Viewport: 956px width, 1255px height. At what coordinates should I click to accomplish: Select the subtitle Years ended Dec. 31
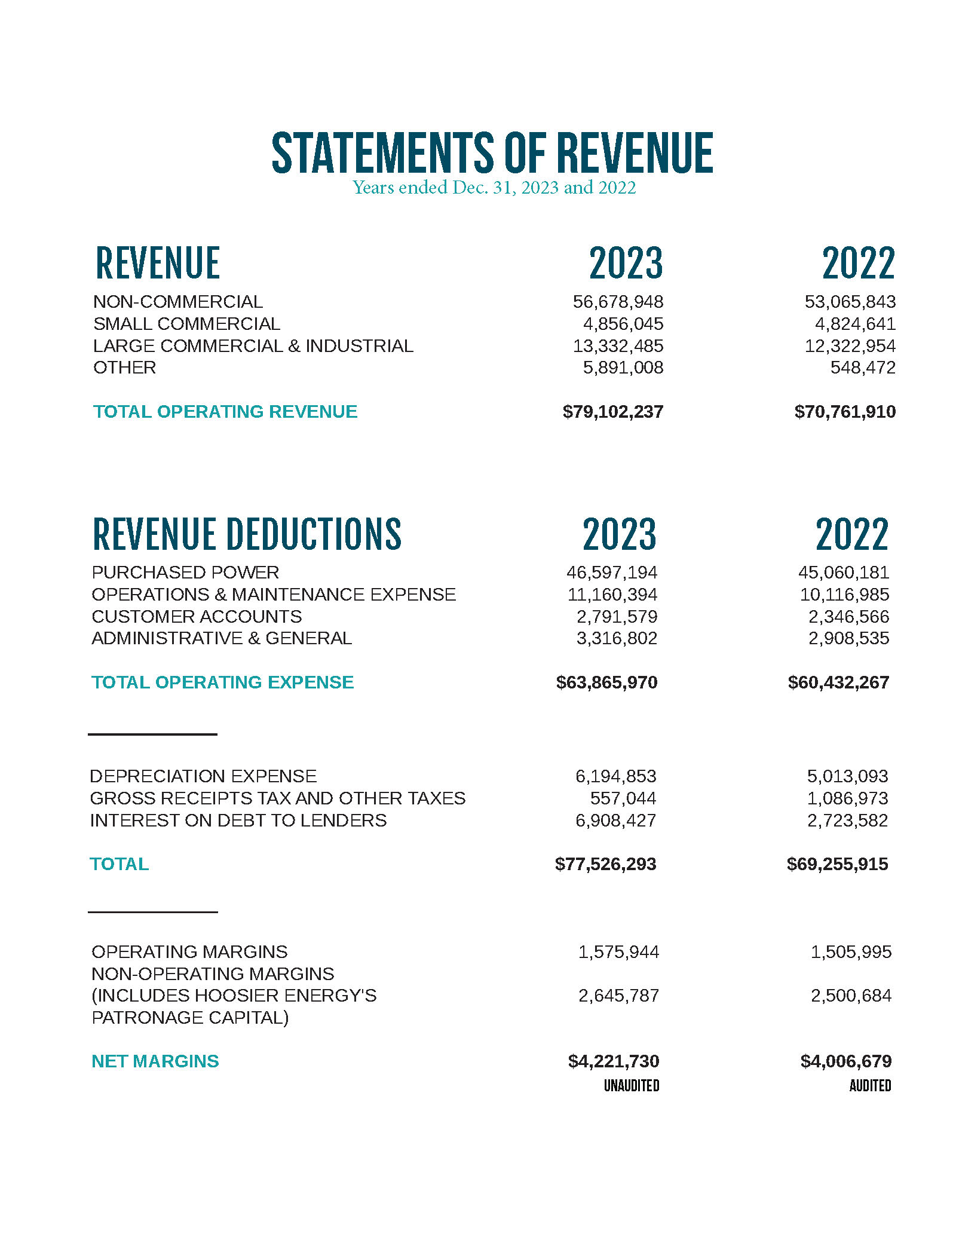(494, 188)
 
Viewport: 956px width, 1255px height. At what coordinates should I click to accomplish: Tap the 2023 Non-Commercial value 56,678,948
(618, 302)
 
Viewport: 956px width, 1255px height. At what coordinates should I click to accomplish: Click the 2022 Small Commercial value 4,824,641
(855, 324)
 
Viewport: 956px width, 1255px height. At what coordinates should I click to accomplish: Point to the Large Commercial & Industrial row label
(253, 346)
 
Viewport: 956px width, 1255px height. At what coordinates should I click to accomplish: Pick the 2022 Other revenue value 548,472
(863, 368)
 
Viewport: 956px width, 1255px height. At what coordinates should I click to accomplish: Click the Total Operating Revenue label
(225, 412)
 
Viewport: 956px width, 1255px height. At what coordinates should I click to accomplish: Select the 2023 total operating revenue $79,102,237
(612, 412)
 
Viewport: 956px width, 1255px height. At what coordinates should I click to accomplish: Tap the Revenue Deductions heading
(247, 534)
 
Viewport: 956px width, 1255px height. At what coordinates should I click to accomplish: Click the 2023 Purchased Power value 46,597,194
(611, 573)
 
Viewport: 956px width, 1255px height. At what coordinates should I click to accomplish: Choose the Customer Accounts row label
(197, 617)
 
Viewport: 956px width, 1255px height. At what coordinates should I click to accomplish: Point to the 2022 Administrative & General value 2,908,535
(848, 638)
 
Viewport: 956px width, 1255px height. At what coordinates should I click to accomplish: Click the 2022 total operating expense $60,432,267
(838, 682)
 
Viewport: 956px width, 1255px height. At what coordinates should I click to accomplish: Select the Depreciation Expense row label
(203, 776)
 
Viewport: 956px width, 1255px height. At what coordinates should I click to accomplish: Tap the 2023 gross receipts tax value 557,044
(623, 798)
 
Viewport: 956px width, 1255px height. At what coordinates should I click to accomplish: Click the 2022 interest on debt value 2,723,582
(847, 821)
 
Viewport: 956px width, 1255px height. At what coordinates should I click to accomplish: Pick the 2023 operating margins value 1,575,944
(618, 952)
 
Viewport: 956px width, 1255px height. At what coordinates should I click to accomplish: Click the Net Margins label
(155, 1061)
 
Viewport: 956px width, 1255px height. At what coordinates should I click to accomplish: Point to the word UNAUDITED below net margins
(631, 1086)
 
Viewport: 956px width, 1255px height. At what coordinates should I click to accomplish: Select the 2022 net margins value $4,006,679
(845, 1061)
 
